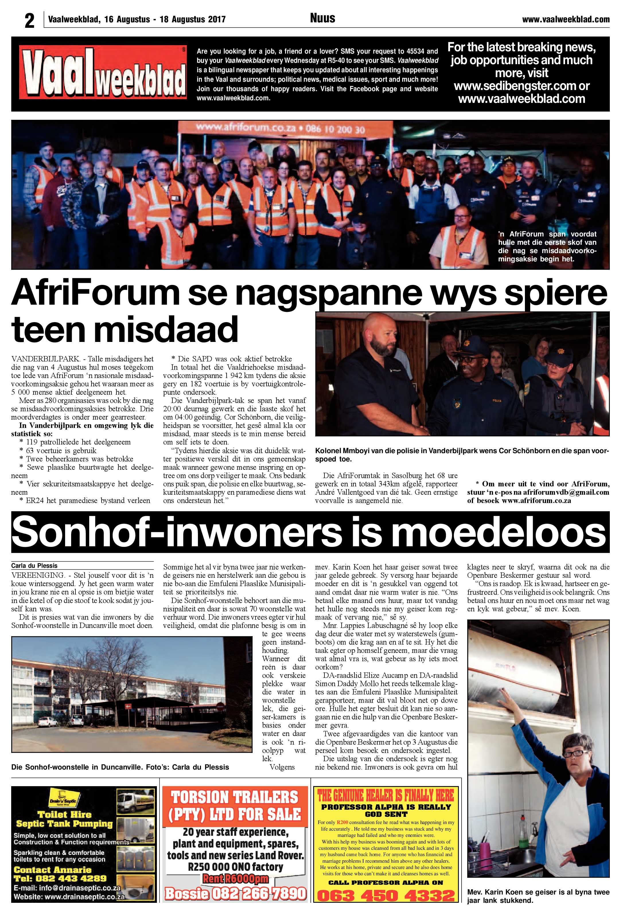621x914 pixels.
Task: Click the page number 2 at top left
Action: [x=30, y=20]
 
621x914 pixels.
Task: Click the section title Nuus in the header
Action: [x=322, y=18]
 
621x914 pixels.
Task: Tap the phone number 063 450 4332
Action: [x=386, y=896]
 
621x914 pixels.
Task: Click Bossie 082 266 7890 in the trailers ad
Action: [x=235, y=894]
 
